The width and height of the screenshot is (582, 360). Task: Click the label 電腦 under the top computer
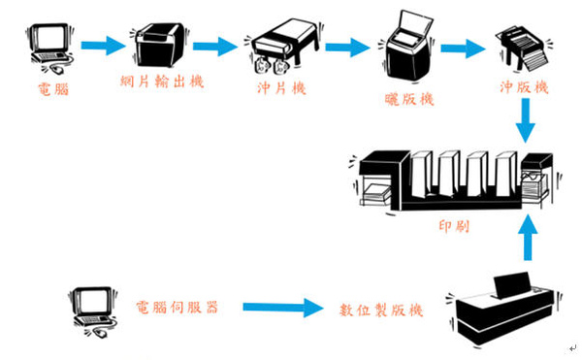tap(53, 89)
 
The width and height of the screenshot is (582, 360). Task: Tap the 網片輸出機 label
tap(162, 81)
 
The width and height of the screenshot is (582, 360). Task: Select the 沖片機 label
tap(281, 88)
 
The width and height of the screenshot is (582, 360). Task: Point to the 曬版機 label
tap(409, 99)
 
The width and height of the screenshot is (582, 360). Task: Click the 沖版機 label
tap(524, 87)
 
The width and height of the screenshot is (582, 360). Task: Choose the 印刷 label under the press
tap(454, 226)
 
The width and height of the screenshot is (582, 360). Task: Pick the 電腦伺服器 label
tap(178, 308)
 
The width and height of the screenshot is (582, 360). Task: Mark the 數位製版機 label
tap(381, 310)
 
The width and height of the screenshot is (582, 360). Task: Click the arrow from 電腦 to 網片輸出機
tap(104, 46)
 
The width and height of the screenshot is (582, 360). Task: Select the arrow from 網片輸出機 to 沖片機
tap(215, 47)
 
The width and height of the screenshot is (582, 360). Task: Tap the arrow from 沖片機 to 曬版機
tap(348, 48)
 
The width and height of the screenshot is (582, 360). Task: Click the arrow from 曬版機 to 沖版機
tap(463, 49)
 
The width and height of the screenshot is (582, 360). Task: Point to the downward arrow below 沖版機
tap(525, 120)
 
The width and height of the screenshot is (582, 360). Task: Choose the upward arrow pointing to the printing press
tap(528, 237)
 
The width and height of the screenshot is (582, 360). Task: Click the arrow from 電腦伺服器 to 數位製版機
tap(283, 308)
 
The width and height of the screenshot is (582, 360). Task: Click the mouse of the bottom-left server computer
tap(101, 332)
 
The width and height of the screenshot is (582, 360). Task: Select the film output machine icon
tap(159, 45)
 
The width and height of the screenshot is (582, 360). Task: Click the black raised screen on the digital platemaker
tap(512, 284)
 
